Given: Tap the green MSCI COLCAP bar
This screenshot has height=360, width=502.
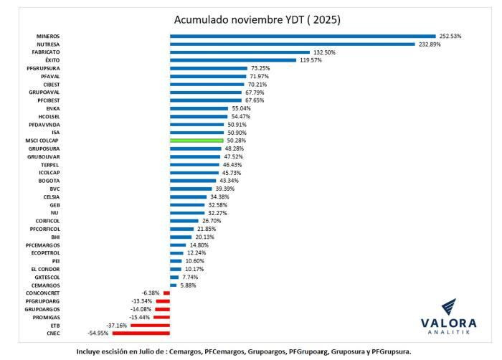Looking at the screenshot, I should click(x=196, y=141).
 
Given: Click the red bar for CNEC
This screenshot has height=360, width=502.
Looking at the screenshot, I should click(x=141, y=333).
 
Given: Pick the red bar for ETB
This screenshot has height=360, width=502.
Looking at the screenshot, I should click(x=150, y=325).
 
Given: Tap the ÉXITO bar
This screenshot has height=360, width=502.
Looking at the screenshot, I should click(x=233, y=60).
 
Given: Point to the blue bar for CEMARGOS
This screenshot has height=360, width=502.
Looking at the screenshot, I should click(x=173, y=285).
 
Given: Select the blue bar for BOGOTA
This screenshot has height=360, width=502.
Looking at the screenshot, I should click(x=193, y=181).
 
